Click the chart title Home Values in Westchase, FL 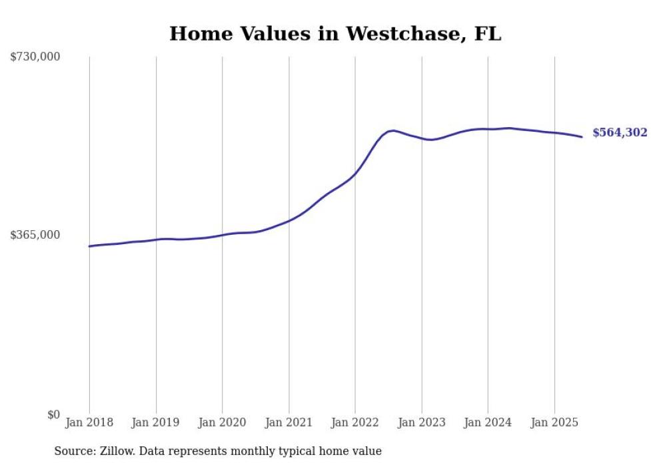coord(334,34)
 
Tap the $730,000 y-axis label coord(35,57)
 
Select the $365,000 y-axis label coord(35,235)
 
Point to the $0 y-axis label coord(53,414)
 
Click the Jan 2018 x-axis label coord(89,422)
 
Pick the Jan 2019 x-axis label coord(156,422)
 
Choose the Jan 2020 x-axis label coord(223,422)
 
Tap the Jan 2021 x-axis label coord(289,422)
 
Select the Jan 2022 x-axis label coord(355,422)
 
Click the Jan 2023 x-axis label coord(421,422)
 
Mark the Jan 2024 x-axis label coord(488,422)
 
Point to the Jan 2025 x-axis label coord(554,422)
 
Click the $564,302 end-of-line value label coord(620,133)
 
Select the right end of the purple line coord(582,137)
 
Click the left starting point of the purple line coord(90,246)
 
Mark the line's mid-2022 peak coord(393,130)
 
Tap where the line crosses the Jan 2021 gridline coord(289,220)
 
